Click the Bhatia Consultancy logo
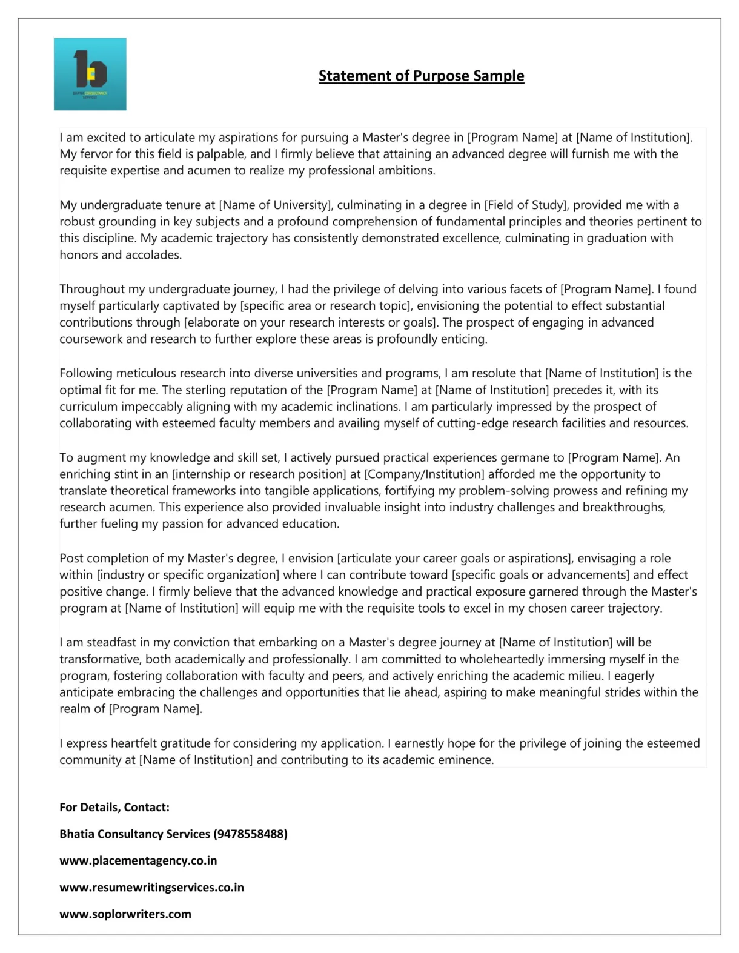(x=90, y=74)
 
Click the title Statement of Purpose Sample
(x=421, y=76)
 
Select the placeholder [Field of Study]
(x=525, y=205)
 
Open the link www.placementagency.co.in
(x=138, y=861)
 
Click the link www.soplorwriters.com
(x=125, y=914)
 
